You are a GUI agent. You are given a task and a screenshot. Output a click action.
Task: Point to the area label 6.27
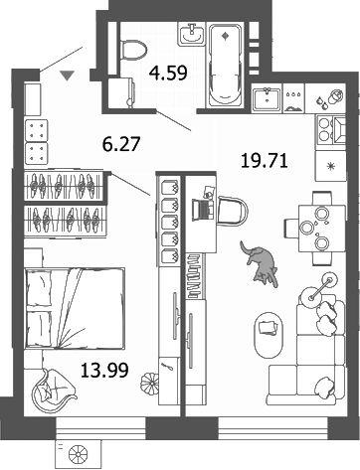122,145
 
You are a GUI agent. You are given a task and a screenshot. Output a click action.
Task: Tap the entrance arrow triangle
67,76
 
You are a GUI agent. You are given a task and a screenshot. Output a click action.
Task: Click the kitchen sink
266,99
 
